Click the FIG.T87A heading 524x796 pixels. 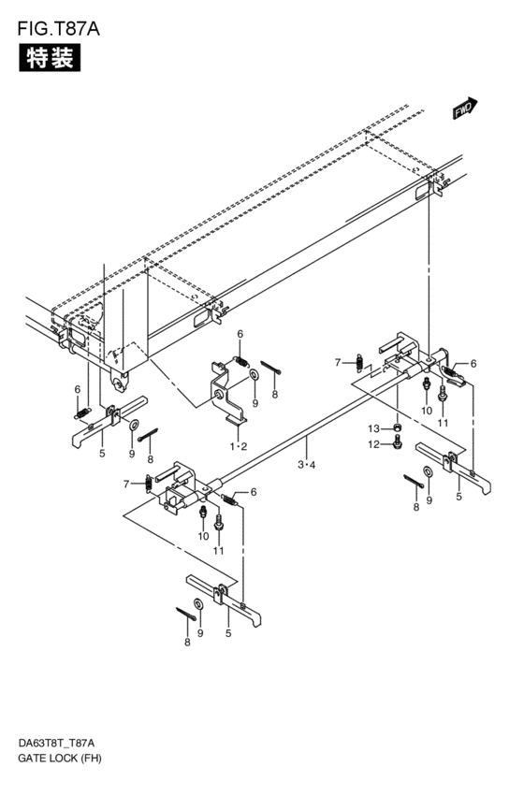[x=57, y=28]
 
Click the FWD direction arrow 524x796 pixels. [x=465, y=109]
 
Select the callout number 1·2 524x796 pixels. [x=239, y=447]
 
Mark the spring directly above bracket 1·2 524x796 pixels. [x=240, y=361]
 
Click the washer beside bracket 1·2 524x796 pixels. [x=255, y=376]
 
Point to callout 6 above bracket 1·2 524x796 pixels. [x=240, y=334]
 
